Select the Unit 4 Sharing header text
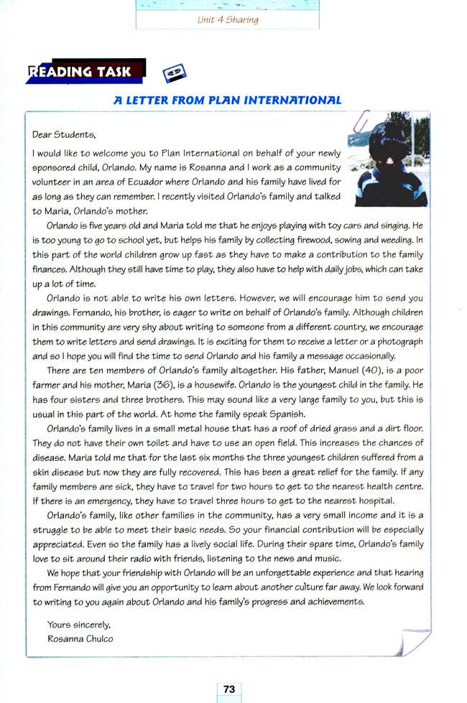tap(228, 20)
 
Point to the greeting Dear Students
tap(64, 134)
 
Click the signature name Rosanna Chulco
tap(80, 638)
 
